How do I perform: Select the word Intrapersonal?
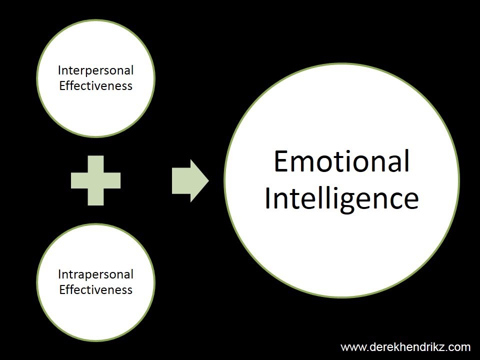coord(95,274)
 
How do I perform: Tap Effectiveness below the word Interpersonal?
coord(95,85)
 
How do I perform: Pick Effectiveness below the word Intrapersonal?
coord(95,289)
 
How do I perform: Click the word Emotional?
coord(341,161)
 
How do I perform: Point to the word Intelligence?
coord(341,198)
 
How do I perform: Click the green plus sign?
coord(95,180)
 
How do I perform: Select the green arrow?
coord(189,180)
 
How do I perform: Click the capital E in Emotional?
coord(282,161)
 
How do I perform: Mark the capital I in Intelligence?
coord(268,198)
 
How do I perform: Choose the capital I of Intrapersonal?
coord(60,274)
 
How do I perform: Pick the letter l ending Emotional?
coord(406,161)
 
